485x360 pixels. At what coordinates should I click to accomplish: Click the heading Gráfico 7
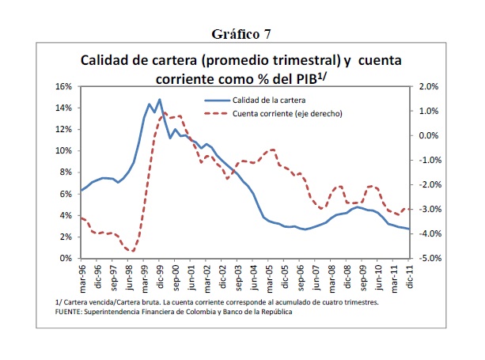point(242,34)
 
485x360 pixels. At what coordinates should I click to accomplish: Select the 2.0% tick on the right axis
point(426,86)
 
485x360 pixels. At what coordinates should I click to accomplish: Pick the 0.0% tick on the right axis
point(426,135)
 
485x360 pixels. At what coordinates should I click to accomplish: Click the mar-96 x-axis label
point(82,277)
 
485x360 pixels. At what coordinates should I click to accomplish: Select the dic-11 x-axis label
point(409,277)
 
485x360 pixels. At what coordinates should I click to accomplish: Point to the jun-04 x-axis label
point(255,277)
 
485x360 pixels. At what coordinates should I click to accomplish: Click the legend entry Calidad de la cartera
point(268,100)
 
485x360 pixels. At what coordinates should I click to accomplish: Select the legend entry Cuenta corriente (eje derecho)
point(287,114)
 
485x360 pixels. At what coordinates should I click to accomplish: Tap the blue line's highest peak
point(159,100)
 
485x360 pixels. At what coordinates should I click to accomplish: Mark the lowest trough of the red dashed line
point(132,251)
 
